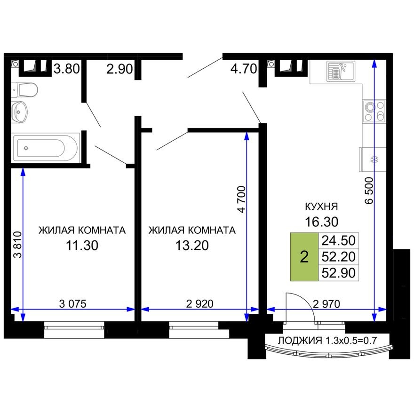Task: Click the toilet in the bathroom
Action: (x=26, y=89)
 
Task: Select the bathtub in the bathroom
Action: (x=46, y=147)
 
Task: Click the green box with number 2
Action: (x=304, y=257)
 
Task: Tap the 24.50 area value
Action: (x=338, y=240)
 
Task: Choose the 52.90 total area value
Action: (x=338, y=272)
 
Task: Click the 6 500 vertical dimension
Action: (x=369, y=190)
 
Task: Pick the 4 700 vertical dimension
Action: (x=241, y=200)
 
